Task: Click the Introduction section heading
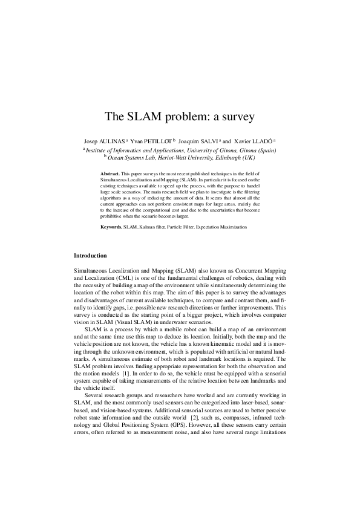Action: point(90,256)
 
